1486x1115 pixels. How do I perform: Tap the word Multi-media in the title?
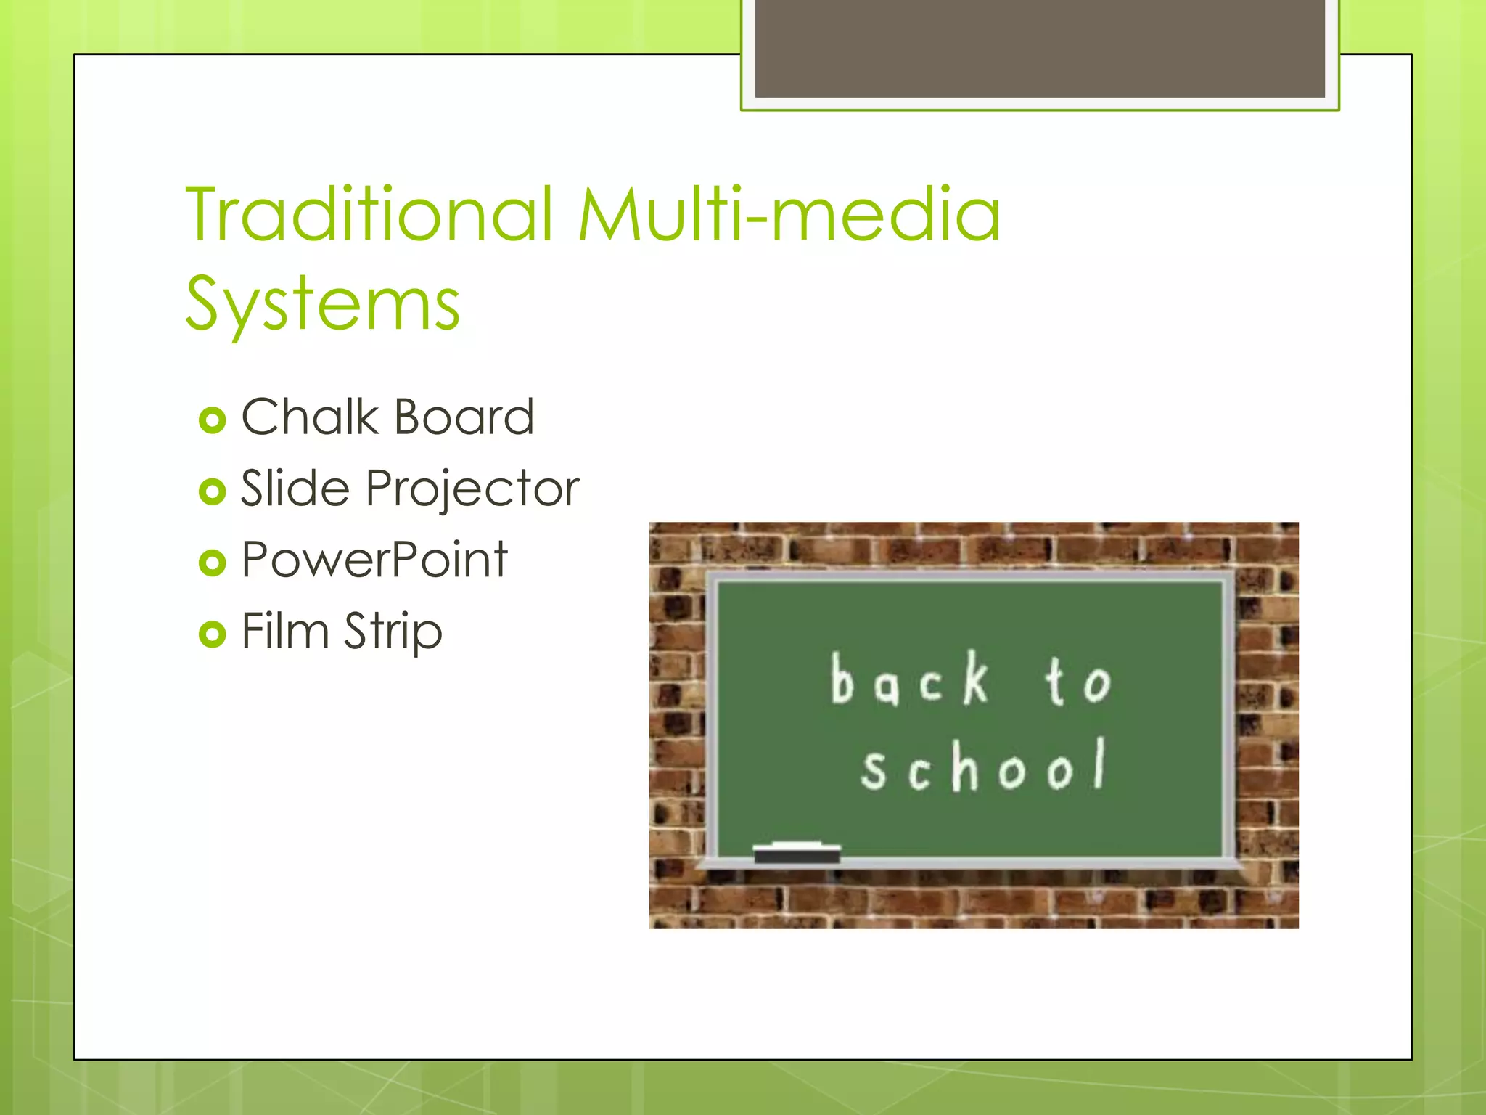click(x=789, y=215)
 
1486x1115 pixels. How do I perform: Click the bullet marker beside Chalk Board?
click(x=212, y=420)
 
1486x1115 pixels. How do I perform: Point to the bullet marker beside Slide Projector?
click(x=212, y=491)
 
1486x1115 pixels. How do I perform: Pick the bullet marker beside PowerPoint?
click(x=212, y=563)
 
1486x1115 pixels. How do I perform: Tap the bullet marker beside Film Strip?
click(x=212, y=634)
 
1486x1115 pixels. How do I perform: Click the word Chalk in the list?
click(x=310, y=417)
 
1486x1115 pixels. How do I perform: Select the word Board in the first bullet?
click(x=464, y=417)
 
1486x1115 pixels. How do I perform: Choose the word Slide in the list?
click(x=295, y=489)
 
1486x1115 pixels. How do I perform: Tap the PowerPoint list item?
click(x=374, y=560)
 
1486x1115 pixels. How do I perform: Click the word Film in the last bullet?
click(x=285, y=631)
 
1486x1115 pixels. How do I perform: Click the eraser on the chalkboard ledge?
click(x=797, y=853)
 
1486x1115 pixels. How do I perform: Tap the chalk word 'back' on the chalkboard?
click(x=910, y=680)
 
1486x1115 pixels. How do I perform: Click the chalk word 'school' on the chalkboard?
click(x=984, y=766)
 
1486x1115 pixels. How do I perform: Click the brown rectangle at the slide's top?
click(x=1039, y=48)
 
